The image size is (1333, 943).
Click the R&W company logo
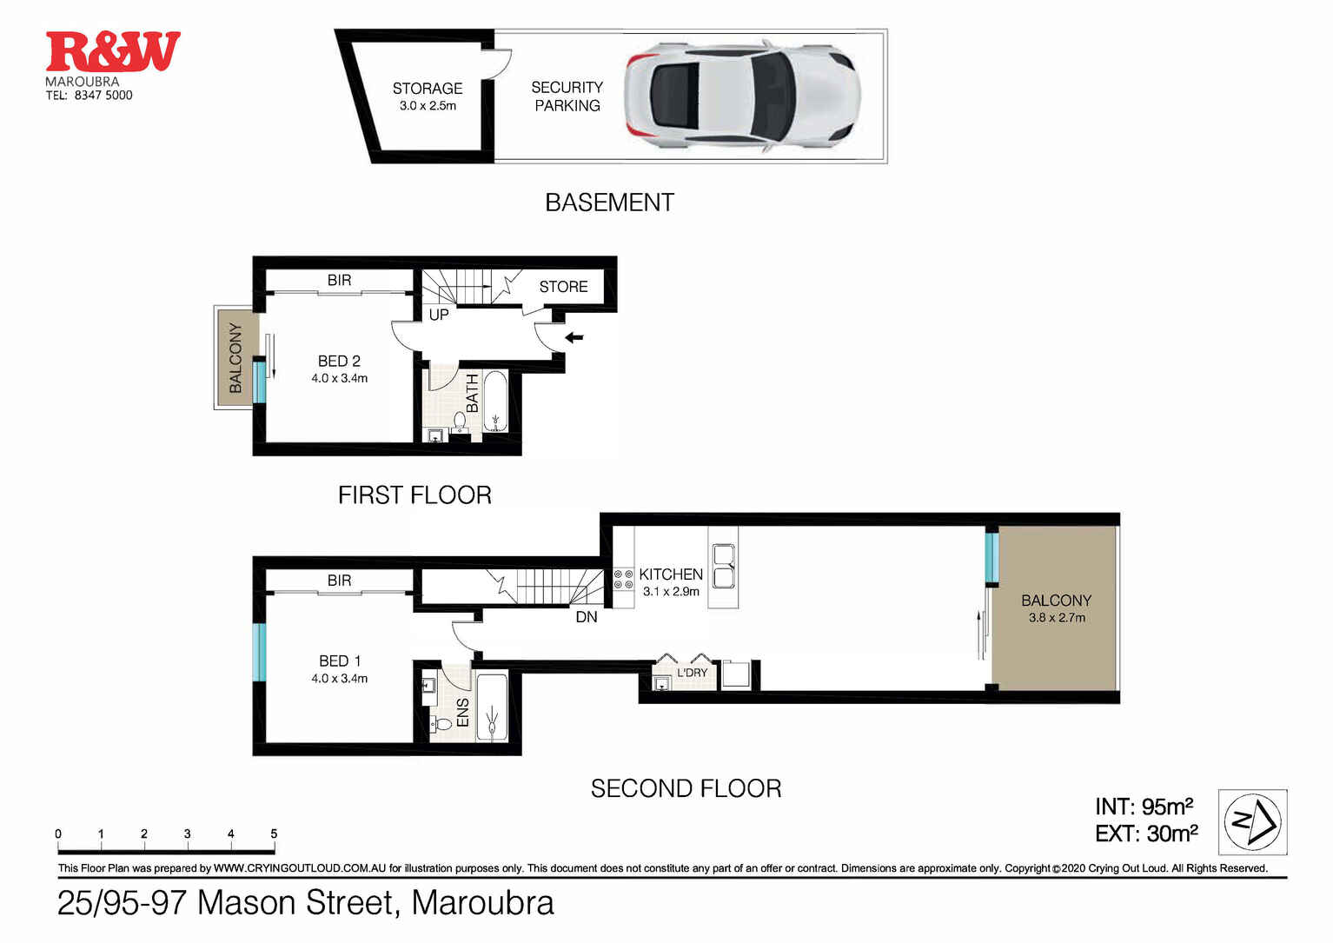coord(113,52)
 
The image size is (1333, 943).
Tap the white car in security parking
coord(743,96)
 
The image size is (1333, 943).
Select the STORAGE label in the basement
coord(427,89)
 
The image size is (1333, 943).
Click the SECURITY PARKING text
coord(567,96)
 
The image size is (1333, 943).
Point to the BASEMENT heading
coord(609,203)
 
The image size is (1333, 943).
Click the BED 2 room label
coord(339,361)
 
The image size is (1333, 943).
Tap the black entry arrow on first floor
coord(574,337)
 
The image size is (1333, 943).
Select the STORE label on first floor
coord(563,287)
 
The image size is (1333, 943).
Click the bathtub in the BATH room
coord(495,402)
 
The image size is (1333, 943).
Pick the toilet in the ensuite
coord(442,722)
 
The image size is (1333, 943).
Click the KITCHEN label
coord(670,574)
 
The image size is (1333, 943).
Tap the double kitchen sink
coord(723,567)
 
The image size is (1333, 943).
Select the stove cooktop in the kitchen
coord(623,580)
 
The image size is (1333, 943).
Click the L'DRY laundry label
coord(692,673)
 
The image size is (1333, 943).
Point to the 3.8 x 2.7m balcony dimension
coord(1057,618)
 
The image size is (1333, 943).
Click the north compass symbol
coord(1252,822)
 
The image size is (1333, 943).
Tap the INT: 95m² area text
coord(1144,807)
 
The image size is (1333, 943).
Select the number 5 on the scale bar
coord(274,833)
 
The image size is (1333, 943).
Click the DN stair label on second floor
coord(587,617)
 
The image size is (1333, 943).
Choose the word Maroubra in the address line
coord(482,903)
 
